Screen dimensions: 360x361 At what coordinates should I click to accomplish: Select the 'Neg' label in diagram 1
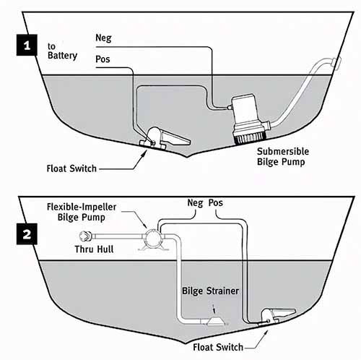(104, 36)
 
